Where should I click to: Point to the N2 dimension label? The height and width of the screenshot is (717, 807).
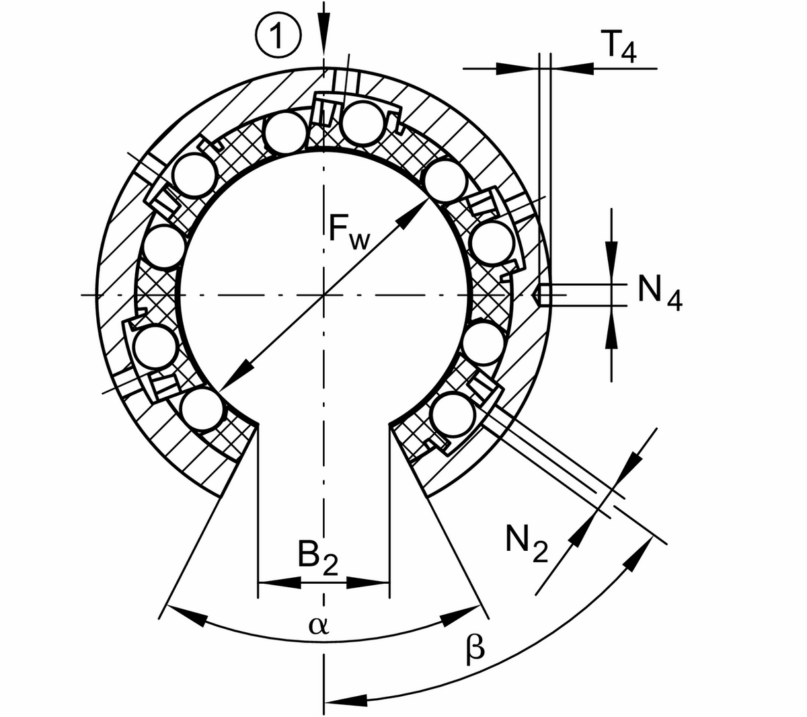pyautogui.click(x=527, y=544)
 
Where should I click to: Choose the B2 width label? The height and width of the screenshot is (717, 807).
pyautogui.click(x=317, y=558)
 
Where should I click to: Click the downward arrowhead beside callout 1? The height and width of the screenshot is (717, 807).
pyautogui.click(x=325, y=37)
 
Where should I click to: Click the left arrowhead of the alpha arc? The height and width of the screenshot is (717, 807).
pyautogui.click(x=185, y=615)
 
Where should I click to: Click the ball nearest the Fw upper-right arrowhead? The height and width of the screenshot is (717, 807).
pyautogui.click(x=445, y=180)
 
